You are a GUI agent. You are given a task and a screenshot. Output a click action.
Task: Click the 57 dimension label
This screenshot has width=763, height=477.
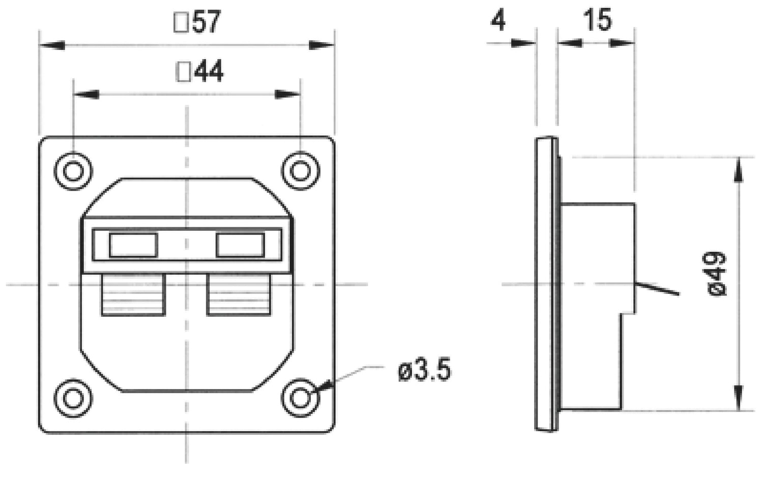[198, 22]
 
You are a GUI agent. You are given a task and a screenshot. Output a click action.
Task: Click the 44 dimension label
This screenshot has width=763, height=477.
[200, 72]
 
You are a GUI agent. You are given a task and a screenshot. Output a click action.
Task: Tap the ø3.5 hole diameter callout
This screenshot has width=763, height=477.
[424, 371]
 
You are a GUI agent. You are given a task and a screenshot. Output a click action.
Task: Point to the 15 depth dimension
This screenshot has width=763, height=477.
[597, 20]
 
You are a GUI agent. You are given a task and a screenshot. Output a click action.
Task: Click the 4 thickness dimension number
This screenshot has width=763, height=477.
[498, 21]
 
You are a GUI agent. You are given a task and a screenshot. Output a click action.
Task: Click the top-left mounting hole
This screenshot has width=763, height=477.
[73, 171]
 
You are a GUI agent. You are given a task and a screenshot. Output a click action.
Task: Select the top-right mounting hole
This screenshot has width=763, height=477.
[300, 171]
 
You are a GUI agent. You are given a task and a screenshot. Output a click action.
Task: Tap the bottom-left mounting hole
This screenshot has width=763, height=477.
[73, 398]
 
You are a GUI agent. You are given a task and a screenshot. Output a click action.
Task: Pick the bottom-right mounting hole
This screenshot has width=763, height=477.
[300, 398]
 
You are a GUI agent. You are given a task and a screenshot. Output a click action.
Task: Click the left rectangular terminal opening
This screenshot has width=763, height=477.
[133, 245]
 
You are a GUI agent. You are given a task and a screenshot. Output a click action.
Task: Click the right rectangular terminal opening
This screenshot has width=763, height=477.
[240, 245]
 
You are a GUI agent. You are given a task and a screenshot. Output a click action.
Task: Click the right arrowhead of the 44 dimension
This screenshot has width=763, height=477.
[288, 94]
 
